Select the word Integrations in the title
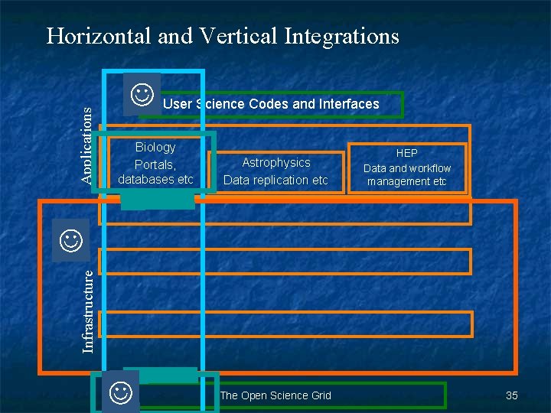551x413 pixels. [x=341, y=35]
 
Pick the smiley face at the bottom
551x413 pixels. [x=120, y=393]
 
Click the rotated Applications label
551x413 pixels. [x=88, y=144]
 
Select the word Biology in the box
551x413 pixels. [x=155, y=147]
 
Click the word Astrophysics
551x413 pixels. [x=276, y=162]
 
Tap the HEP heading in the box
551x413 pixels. [x=407, y=153]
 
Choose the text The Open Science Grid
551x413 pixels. [x=275, y=395]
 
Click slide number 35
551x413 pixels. [x=512, y=395]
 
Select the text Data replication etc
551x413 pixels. [x=275, y=180]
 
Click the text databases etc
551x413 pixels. [x=155, y=180]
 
